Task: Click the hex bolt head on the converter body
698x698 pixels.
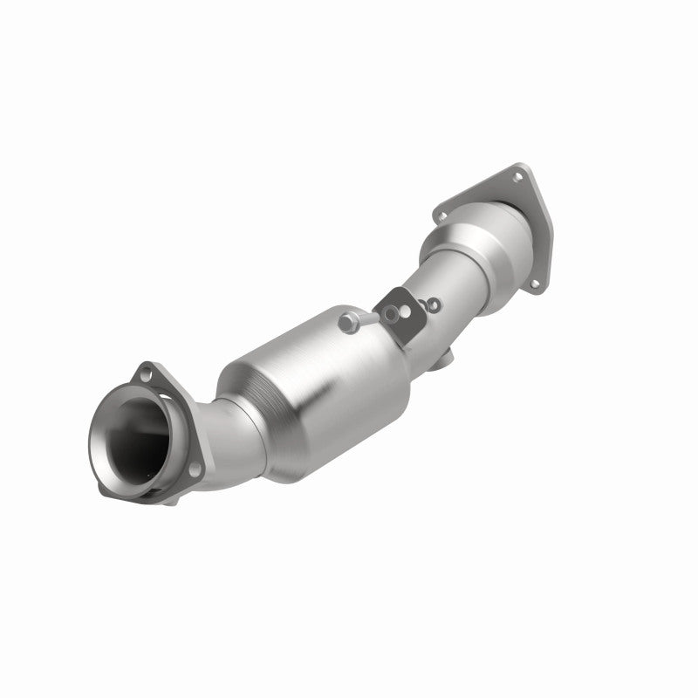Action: pyautogui.click(x=350, y=322)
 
